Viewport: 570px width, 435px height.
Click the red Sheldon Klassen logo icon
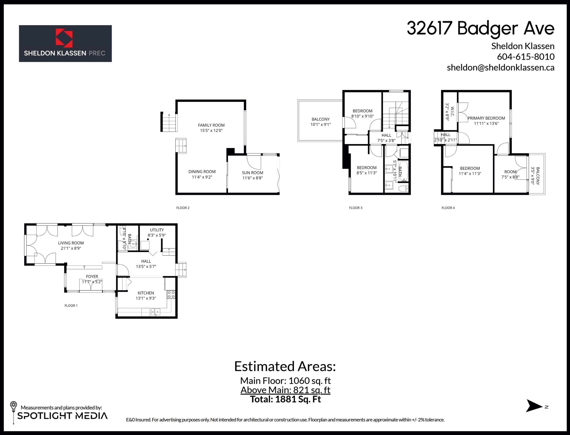coord(64,38)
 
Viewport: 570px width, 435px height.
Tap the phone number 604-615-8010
coord(526,57)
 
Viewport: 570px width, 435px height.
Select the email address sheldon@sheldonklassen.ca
coord(500,68)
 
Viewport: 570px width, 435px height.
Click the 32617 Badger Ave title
coord(481,29)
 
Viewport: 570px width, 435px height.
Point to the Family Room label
coord(211,125)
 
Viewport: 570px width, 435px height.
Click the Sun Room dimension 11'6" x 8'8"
coord(252,178)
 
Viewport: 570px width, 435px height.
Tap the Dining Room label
coord(202,171)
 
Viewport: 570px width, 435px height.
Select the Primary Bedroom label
coord(486,118)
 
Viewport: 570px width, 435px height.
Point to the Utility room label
coord(157,230)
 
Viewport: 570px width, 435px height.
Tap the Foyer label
coord(92,276)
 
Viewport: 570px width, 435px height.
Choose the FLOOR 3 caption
coord(356,208)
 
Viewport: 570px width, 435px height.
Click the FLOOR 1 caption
coord(71,306)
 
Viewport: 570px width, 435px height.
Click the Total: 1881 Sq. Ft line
coord(285,399)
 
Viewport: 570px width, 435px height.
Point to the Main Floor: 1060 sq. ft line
coord(285,381)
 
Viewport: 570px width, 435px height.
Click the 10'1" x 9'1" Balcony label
coord(321,122)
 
